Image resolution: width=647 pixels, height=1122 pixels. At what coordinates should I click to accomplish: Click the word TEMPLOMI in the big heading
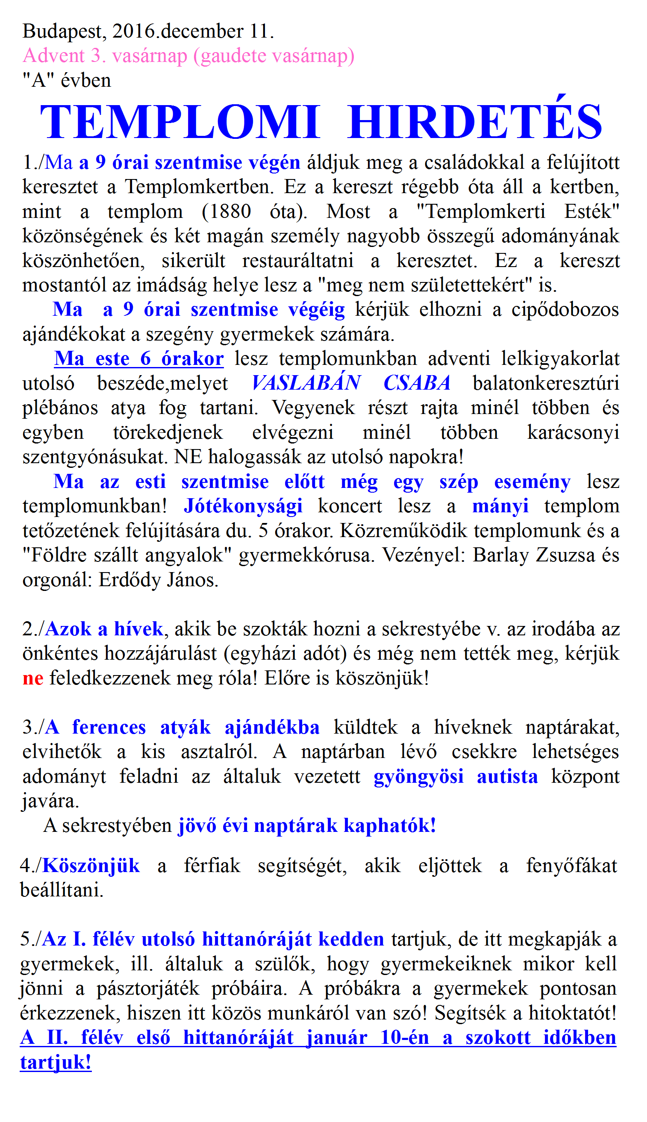[x=180, y=122]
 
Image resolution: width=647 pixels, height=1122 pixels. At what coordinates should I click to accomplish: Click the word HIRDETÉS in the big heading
[x=475, y=122]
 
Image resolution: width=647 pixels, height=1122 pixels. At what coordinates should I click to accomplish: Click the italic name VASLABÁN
[x=306, y=383]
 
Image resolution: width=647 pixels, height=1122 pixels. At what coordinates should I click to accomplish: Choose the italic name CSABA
[x=417, y=383]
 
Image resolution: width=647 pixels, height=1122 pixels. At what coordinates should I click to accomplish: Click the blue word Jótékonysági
[x=243, y=506]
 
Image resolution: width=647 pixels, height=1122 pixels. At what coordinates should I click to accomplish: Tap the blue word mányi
[x=500, y=506]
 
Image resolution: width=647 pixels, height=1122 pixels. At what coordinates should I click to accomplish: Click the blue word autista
[x=507, y=777]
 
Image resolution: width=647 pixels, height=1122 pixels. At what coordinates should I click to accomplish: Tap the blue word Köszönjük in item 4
[x=91, y=866]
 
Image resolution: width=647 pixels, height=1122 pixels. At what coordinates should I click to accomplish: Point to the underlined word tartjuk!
[x=56, y=1063]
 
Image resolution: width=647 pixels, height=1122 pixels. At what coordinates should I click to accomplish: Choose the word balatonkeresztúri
[x=546, y=383]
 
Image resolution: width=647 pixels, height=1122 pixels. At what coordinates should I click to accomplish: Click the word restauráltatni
[x=298, y=261]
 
